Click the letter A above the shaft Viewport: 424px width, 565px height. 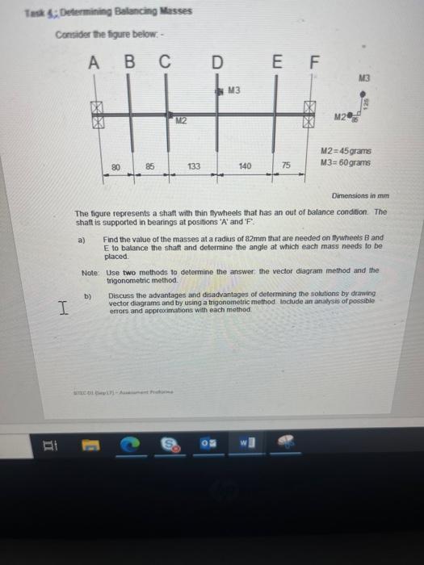point(94,62)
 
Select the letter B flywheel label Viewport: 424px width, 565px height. point(129,62)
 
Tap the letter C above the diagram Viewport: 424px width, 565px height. point(165,62)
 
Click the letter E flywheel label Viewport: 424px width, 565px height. point(276,62)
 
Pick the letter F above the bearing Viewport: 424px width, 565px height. point(315,62)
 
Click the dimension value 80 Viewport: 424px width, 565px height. point(115,167)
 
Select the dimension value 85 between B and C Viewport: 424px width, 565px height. point(150,167)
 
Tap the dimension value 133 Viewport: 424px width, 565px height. point(195,167)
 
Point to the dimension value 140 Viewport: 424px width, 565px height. point(246,166)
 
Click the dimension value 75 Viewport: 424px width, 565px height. point(285,166)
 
